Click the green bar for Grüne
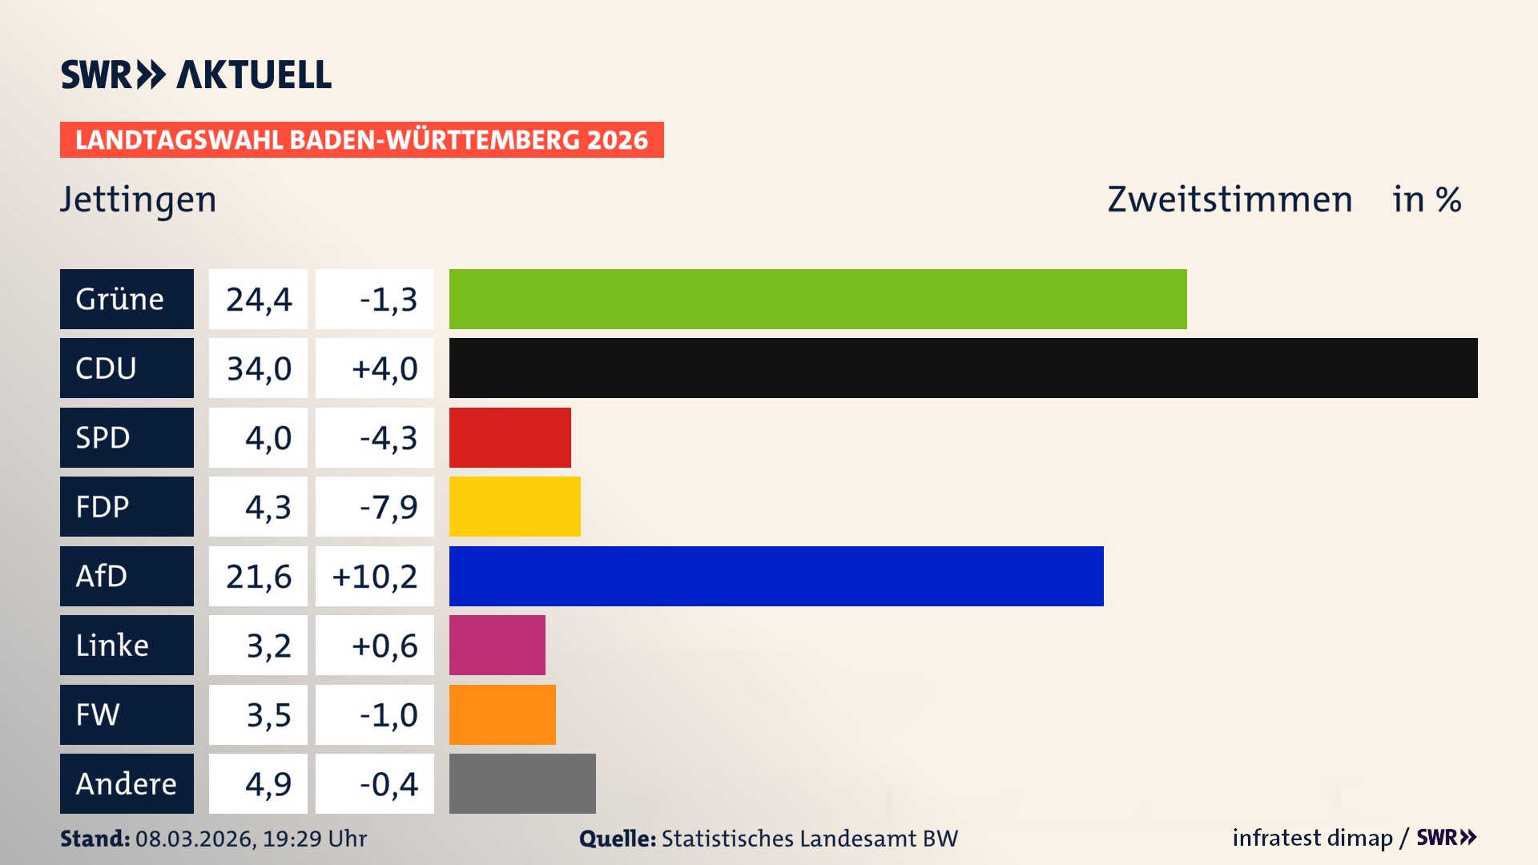817,299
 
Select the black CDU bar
963,368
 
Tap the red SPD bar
509,437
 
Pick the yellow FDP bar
514,506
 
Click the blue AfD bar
775,576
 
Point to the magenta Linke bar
497,645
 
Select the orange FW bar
502,714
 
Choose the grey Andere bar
522,783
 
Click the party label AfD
102,576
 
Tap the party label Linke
112,645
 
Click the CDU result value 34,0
259,368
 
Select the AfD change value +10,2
374,576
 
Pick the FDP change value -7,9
388,506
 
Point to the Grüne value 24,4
259,299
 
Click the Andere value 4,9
268,783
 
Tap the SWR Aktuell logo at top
196,74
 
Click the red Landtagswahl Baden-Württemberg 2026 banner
361,139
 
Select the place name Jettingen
139,199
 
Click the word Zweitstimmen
1230,199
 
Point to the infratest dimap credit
1312,838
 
